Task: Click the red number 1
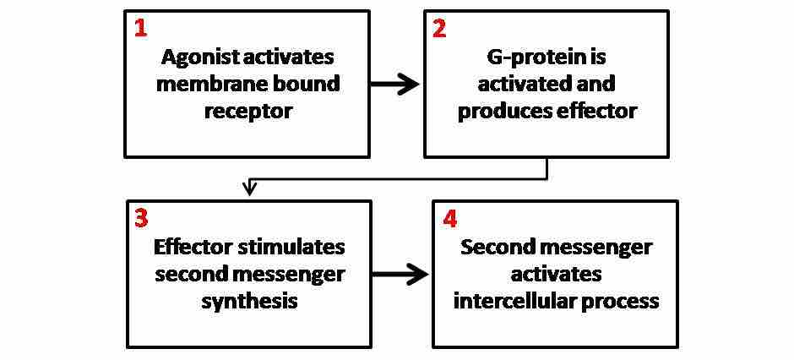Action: [x=140, y=28]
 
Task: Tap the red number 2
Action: [x=440, y=28]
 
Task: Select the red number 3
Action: [x=141, y=218]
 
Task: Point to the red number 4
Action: [x=449, y=218]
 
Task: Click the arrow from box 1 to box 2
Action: [x=395, y=84]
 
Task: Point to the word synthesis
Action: [x=249, y=301]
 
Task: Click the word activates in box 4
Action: [x=555, y=274]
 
